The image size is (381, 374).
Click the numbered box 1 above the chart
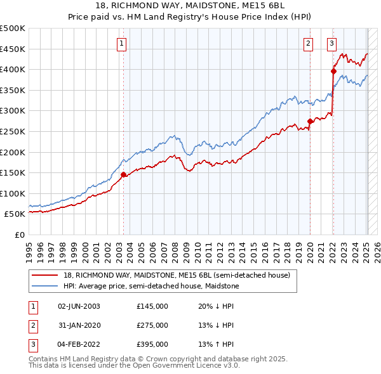coord(121,44)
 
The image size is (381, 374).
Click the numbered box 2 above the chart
coord(308,44)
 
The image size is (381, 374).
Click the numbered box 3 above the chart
coord(331,44)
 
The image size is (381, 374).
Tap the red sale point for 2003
coord(124,174)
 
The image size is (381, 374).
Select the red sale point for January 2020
coord(310,121)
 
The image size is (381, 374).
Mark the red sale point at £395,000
coord(333,72)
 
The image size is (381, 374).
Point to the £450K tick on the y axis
coord(13,49)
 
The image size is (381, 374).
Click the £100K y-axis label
coord(13,193)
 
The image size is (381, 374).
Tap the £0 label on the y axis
coord(18,235)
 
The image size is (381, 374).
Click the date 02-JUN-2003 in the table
coord(79,306)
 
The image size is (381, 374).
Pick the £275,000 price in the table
coord(152,325)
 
